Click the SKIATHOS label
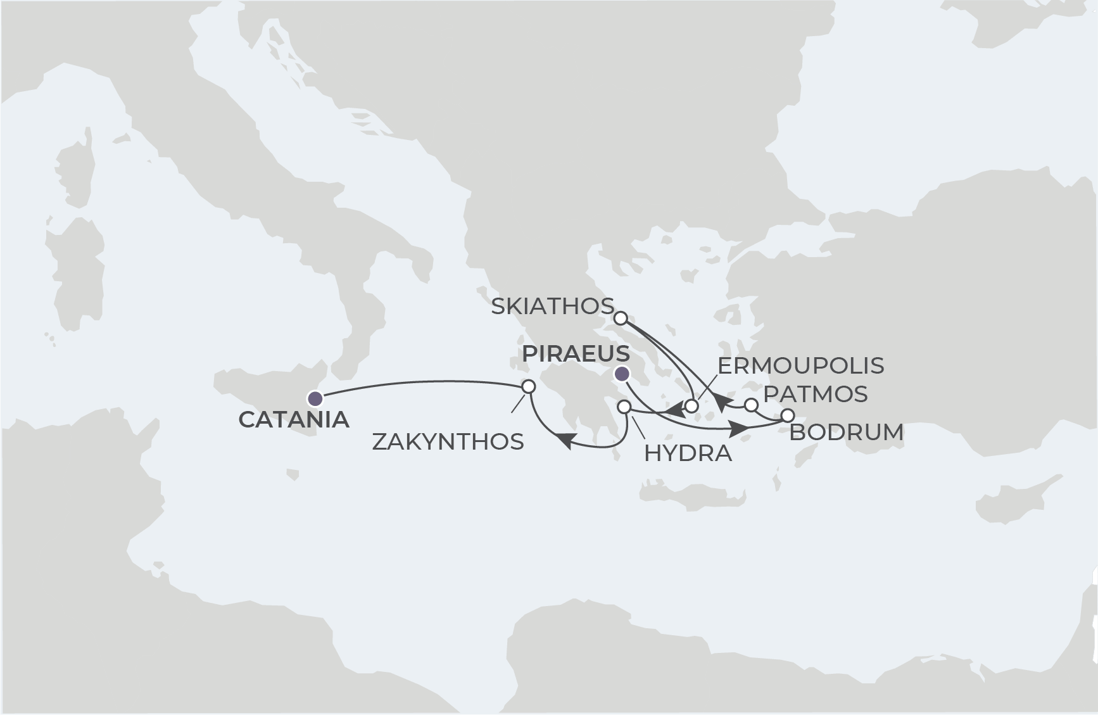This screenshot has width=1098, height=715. (552, 307)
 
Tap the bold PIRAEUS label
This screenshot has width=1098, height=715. (576, 354)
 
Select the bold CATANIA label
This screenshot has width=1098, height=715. (294, 420)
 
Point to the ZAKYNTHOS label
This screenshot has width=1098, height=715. (448, 442)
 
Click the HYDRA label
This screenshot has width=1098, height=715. (688, 453)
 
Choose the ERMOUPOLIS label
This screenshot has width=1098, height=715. (800, 365)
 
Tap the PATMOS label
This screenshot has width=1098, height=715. (815, 394)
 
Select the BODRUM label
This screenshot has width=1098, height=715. (846, 433)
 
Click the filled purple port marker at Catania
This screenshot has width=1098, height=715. (314, 398)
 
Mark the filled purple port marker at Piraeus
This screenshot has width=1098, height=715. (622, 373)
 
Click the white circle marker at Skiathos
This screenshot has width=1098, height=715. (621, 317)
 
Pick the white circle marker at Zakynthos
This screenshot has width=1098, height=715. (528, 386)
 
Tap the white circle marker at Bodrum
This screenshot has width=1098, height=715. (787, 415)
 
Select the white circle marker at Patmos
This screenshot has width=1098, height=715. (750, 404)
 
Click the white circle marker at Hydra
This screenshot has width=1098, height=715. (624, 406)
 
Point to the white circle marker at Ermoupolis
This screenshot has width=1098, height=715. (691, 406)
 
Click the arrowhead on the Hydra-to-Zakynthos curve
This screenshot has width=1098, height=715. (565, 441)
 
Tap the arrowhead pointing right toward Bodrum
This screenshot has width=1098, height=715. (739, 429)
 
